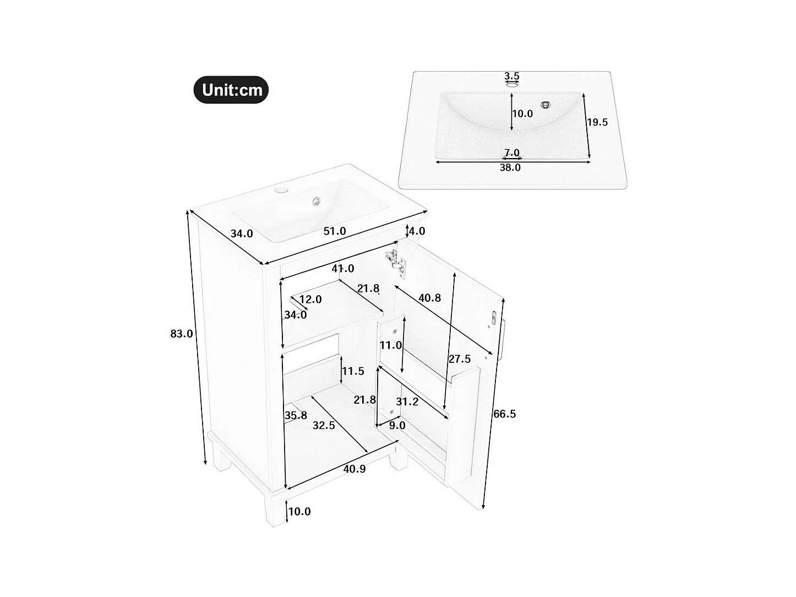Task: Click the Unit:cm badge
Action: pyautogui.click(x=231, y=90)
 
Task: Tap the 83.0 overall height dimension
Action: pyautogui.click(x=182, y=334)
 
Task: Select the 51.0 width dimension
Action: pyautogui.click(x=335, y=231)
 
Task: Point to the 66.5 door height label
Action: pyautogui.click(x=504, y=414)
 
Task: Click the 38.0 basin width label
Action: pyautogui.click(x=510, y=167)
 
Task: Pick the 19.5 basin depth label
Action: pyautogui.click(x=597, y=122)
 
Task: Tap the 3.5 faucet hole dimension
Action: pyautogui.click(x=512, y=76)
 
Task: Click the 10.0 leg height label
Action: pyautogui.click(x=299, y=512)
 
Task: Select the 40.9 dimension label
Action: pyautogui.click(x=355, y=469)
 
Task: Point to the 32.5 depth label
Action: pyautogui.click(x=324, y=426)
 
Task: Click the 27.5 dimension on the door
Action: pyautogui.click(x=460, y=359)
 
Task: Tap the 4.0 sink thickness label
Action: pyautogui.click(x=417, y=231)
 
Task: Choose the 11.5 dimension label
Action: pyautogui.click(x=353, y=371)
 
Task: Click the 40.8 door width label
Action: pyautogui.click(x=429, y=298)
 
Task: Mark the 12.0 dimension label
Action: pyautogui.click(x=310, y=300)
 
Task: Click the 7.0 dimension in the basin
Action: pyautogui.click(x=512, y=153)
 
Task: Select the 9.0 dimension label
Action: pyautogui.click(x=397, y=426)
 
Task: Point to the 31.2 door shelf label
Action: pyautogui.click(x=407, y=402)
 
